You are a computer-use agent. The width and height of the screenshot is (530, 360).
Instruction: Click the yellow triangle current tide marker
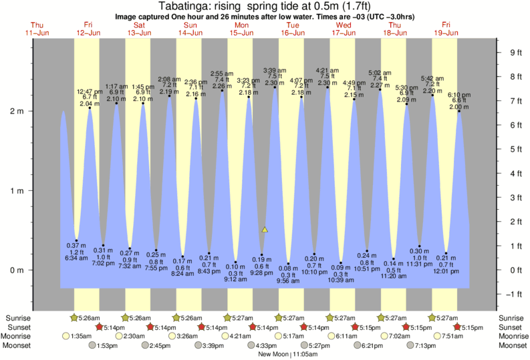(x=265, y=230)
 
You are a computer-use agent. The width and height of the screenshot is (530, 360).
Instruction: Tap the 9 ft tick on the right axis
(x=515, y=52)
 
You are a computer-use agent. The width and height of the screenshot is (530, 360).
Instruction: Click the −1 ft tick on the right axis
(x=514, y=295)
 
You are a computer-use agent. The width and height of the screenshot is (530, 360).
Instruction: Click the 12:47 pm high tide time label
(x=90, y=91)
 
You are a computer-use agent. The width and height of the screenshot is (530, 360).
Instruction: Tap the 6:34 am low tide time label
(x=77, y=257)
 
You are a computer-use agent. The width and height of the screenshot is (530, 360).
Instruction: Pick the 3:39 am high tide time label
(x=275, y=70)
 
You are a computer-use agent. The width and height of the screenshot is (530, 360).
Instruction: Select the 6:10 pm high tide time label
(x=459, y=94)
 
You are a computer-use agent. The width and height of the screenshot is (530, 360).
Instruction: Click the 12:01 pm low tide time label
(x=446, y=271)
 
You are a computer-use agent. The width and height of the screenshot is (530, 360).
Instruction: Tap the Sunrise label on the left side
(x=19, y=317)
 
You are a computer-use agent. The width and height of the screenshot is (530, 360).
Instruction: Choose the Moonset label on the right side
(x=511, y=345)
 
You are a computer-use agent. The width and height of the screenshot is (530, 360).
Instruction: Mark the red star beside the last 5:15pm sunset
(x=457, y=327)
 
